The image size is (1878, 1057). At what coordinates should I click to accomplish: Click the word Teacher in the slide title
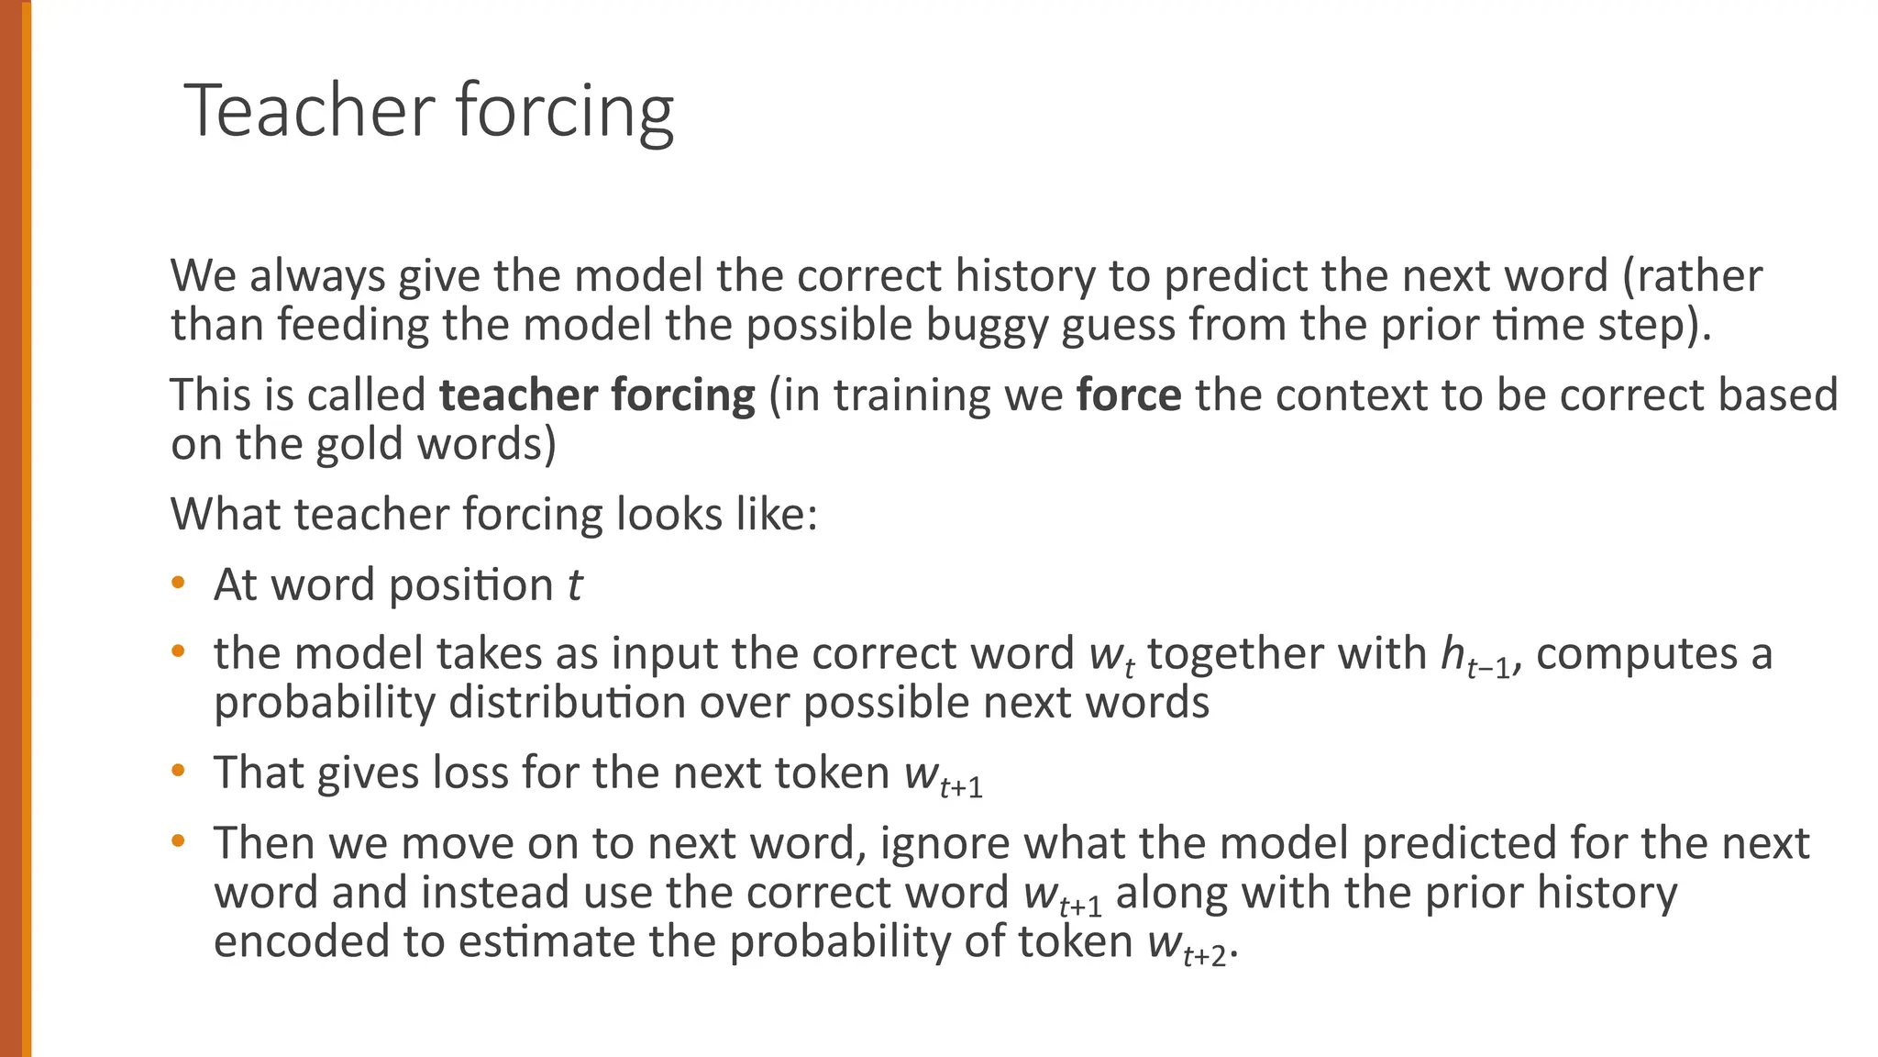pyautogui.click(x=309, y=110)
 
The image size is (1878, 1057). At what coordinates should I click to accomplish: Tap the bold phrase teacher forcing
pyautogui.click(x=597, y=395)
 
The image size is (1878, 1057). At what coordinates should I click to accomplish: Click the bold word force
pyautogui.click(x=1129, y=395)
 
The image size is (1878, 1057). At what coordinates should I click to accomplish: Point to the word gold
pyautogui.click(x=361, y=445)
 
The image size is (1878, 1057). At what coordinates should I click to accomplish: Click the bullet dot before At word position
pyautogui.click(x=179, y=583)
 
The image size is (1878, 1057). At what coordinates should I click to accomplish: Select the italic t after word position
pyautogui.click(x=574, y=584)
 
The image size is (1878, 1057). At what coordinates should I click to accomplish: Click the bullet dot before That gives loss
pyautogui.click(x=179, y=771)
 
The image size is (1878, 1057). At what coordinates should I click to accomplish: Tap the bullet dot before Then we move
pyautogui.click(x=179, y=840)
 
